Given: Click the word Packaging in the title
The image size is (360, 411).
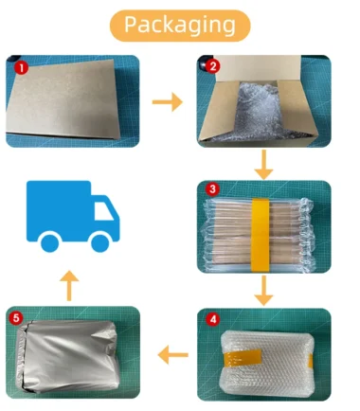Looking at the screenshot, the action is (180, 25).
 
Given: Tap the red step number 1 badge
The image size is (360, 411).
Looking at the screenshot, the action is (22, 68).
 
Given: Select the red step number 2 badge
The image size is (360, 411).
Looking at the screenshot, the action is (213, 66).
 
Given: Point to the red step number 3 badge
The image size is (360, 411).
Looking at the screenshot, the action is (212, 188).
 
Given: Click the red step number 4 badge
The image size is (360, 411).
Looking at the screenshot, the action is (213, 319).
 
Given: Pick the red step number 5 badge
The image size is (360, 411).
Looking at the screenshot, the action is (16, 318).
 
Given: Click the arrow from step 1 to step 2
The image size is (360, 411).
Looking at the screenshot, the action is (168, 102).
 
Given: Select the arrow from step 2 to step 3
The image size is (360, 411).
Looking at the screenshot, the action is (263, 165).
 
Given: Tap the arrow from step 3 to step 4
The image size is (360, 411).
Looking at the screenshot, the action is (263, 291).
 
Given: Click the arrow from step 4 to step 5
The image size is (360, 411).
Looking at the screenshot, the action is (173, 355).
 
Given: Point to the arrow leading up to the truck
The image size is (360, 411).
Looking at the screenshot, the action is (69, 286).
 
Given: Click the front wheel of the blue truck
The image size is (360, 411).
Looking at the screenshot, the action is (100, 243).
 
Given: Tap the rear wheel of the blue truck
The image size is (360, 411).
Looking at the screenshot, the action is (50, 243).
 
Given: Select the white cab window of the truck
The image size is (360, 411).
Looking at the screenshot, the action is (103, 211).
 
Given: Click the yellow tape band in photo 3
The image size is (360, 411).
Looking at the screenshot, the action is (260, 235).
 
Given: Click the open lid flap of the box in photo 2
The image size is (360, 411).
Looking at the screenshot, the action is (258, 67).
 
